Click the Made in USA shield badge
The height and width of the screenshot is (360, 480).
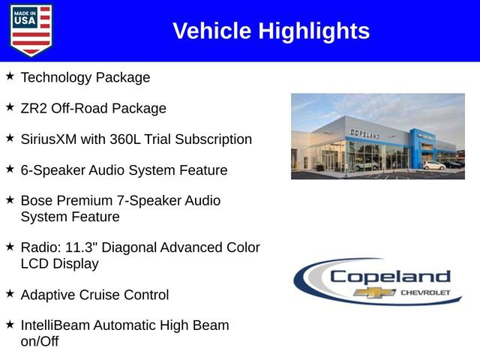pyautogui.click(x=31, y=31)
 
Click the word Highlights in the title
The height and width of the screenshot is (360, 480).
pyautogui.click(x=314, y=31)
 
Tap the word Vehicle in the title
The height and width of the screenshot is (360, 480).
pyautogui.click(x=212, y=31)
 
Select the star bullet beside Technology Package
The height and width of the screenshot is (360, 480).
pyautogui.click(x=10, y=76)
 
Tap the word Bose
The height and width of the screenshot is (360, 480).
pyautogui.click(x=37, y=201)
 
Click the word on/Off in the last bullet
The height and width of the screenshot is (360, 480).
pyautogui.click(x=39, y=342)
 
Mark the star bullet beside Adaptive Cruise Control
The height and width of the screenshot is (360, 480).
pyautogui.click(x=10, y=294)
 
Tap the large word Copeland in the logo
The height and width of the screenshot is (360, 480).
pyautogui.click(x=390, y=276)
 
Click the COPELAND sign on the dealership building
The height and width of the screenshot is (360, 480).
pyautogui.click(x=364, y=133)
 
